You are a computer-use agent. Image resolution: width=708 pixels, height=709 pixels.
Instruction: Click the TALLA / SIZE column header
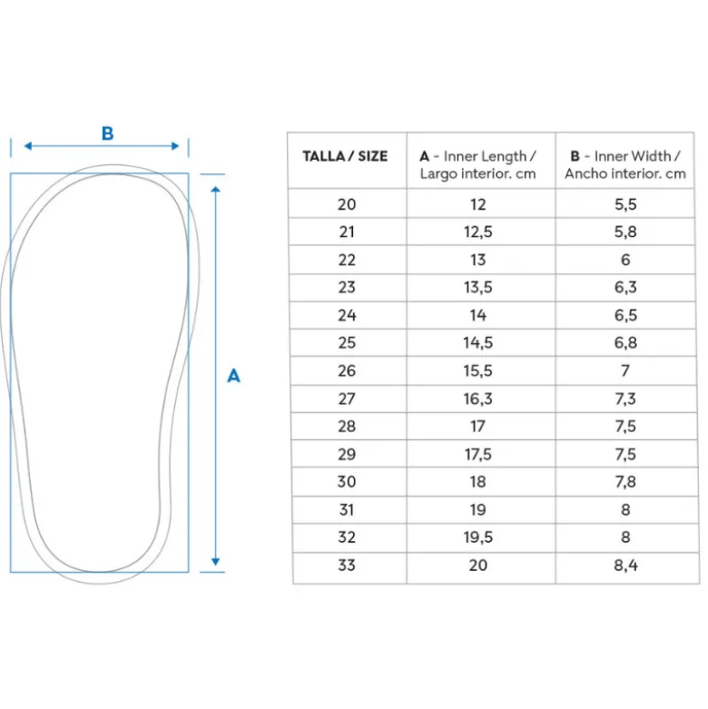pyautogui.click(x=345, y=156)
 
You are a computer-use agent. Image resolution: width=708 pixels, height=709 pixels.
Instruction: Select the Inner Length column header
pyautogui.click(x=477, y=164)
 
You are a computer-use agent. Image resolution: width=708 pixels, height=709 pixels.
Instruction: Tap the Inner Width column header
pyautogui.click(x=625, y=164)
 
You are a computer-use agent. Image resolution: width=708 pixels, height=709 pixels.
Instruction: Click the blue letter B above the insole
pyautogui.click(x=108, y=133)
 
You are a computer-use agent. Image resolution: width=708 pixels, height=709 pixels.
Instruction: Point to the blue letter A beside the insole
pyautogui.click(x=233, y=376)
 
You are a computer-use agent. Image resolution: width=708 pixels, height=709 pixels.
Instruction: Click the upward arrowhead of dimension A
pyautogui.click(x=216, y=190)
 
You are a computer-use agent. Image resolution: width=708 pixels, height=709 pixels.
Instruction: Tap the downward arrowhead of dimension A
pyautogui.click(x=216, y=562)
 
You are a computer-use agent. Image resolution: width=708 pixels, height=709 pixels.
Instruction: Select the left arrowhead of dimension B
pyautogui.click(x=28, y=145)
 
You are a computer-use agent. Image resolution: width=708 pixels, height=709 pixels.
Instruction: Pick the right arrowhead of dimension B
pyautogui.click(x=175, y=145)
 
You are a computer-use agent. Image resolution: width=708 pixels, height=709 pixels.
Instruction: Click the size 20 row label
pyautogui.click(x=347, y=204)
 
